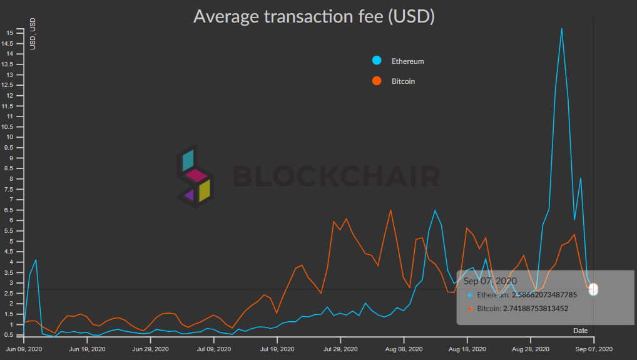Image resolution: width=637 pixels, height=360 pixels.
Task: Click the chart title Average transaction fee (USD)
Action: tap(313, 16)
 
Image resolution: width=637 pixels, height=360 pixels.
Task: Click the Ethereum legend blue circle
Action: tap(377, 61)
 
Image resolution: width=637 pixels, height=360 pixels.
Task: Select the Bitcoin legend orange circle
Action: tap(377, 81)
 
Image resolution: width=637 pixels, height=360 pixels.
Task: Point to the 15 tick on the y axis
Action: tap(9, 33)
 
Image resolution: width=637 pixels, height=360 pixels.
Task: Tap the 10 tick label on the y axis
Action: tap(9, 137)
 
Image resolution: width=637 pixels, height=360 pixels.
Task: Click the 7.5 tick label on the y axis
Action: tap(9, 189)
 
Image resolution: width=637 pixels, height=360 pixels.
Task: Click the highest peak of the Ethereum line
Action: tap(561, 29)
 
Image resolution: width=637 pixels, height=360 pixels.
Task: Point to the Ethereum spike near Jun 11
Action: tap(36, 260)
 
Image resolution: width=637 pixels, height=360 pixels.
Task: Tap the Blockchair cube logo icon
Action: tap(193, 177)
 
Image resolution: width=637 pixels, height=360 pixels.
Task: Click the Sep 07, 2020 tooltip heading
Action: tap(490, 280)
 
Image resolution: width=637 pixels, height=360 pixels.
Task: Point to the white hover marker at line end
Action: tap(593, 289)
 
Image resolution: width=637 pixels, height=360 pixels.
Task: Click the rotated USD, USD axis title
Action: tap(33, 34)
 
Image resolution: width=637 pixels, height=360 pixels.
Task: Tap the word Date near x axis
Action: tap(581, 330)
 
